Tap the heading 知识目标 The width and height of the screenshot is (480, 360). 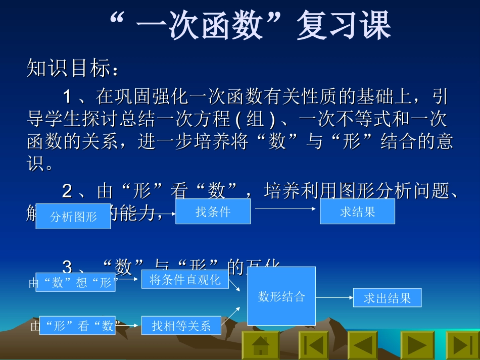(x=73, y=69)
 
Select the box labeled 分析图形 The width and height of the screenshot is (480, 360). (x=73, y=217)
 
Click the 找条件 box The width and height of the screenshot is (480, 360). (x=213, y=211)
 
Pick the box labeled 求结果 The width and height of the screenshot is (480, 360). (x=357, y=211)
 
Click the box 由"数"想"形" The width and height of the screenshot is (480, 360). (x=75, y=282)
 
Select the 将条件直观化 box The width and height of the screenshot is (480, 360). (x=185, y=279)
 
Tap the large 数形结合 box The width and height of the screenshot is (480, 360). (x=281, y=296)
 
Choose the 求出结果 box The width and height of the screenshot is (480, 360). (x=387, y=297)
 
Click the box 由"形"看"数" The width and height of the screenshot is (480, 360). (x=75, y=326)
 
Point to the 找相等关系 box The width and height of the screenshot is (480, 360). (x=181, y=326)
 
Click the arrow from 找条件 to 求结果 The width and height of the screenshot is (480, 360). (x=285, y=208)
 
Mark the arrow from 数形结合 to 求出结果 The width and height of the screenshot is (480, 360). (x=334, y=297)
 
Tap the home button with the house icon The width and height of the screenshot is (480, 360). (x=260, y=345)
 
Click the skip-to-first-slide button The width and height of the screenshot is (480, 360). (x=313, y=345)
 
